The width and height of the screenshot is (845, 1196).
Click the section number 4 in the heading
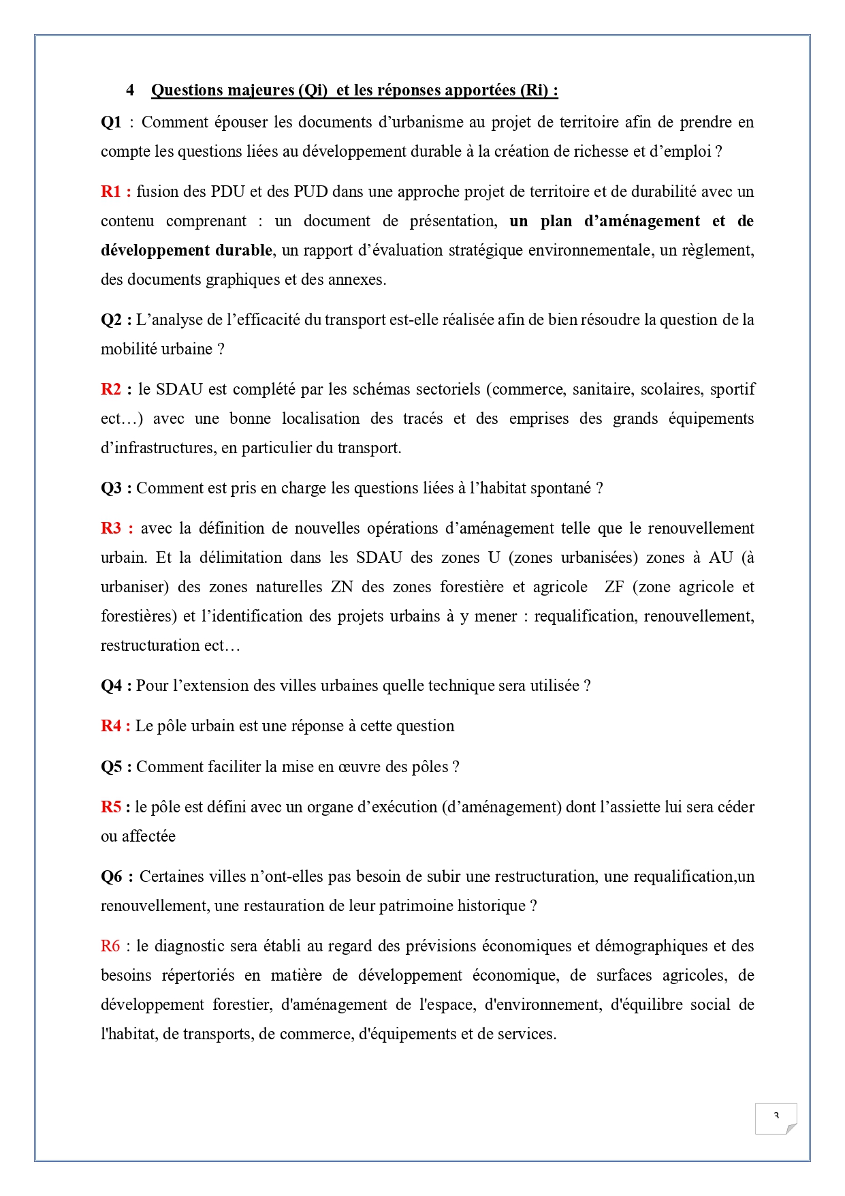click(x=130, y=91)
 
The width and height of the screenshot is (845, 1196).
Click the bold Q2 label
click(x=112, y=320)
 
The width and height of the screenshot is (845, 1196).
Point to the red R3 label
click(x=111, y=528)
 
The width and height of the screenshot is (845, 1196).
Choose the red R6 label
click(x=110, y=946)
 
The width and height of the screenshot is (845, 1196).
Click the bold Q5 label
click(x=112, y=767)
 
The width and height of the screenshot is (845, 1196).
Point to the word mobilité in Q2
click(x=127, y=349)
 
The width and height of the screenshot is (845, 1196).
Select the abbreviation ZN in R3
click(x=342, y=587)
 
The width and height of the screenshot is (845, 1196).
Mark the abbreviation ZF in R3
click(x=614, y=587)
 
